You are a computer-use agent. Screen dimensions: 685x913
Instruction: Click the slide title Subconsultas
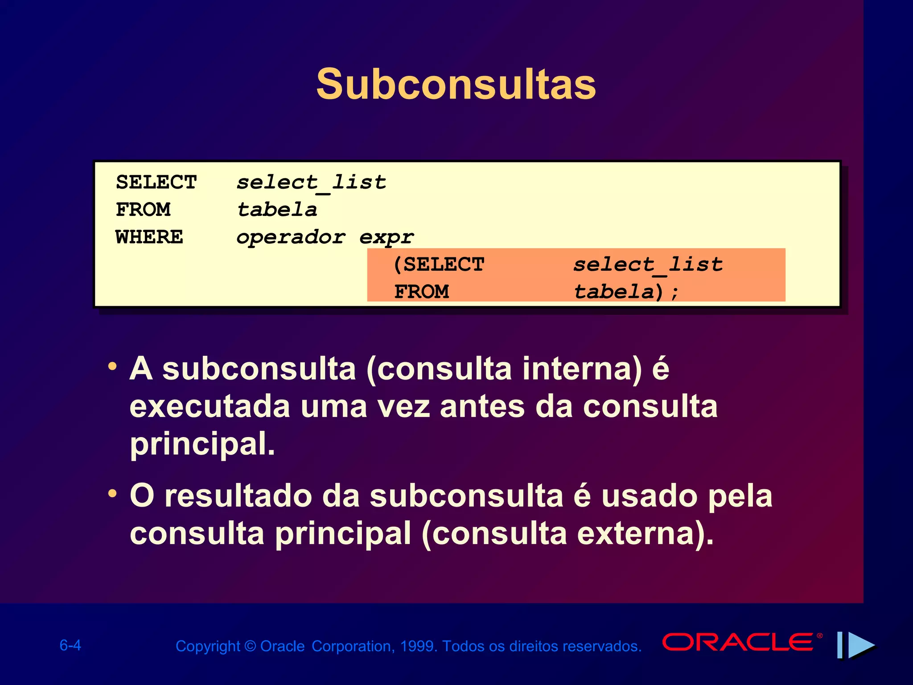click(456, 85)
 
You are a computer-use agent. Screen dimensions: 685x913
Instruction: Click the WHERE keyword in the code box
click(149, 237)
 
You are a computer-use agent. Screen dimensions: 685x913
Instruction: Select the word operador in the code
click(291, 237)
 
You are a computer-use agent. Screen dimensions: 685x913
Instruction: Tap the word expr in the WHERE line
click(387, 237)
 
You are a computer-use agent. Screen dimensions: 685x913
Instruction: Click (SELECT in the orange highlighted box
click(439, 264)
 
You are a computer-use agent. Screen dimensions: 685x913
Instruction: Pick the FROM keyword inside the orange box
click(422, 292)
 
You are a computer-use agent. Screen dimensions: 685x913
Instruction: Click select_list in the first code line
click(311, 182)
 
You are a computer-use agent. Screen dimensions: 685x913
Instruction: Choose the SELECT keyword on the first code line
click(156, 182)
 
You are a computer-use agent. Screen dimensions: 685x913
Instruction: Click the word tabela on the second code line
click(277, 210)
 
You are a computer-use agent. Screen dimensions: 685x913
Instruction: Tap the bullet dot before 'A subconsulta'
click(112, 367)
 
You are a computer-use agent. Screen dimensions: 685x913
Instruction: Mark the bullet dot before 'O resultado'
click(112, 494)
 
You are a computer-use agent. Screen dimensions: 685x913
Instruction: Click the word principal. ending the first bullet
click(202, 444)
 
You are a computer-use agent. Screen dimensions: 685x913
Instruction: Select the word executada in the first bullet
click(210, 407)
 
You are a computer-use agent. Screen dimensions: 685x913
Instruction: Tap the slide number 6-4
click(70, 645)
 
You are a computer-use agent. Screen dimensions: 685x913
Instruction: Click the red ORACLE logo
click(738, 642)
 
